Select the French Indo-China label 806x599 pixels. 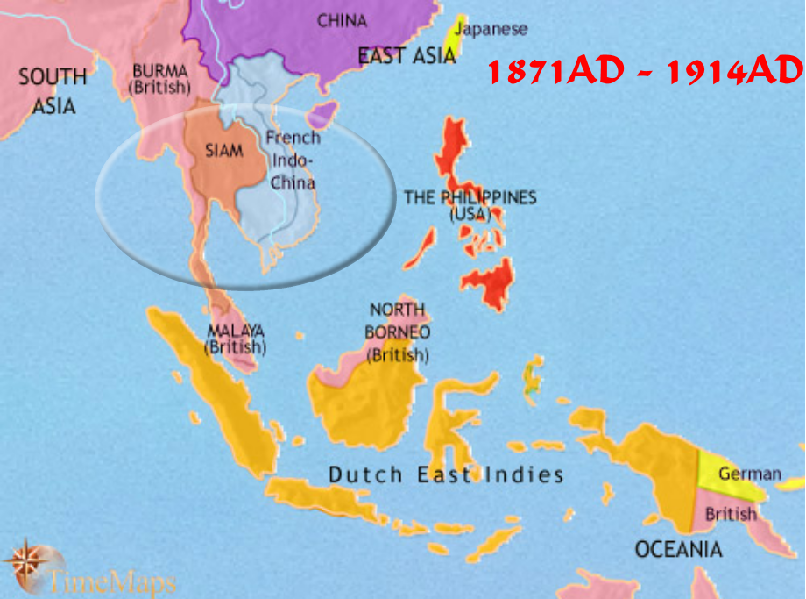tap(293, 160)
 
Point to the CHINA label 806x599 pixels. tap(342, 20)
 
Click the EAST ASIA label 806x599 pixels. tap(407, 56)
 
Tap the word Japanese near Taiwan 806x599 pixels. tap(493, 29)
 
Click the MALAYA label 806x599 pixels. tap(235, 339)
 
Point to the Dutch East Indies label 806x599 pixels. tap(445, 475)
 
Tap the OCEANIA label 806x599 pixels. tap(678, 550)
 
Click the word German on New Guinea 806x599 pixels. tap(749, 474)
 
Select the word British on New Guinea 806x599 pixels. tap(730, 515)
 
